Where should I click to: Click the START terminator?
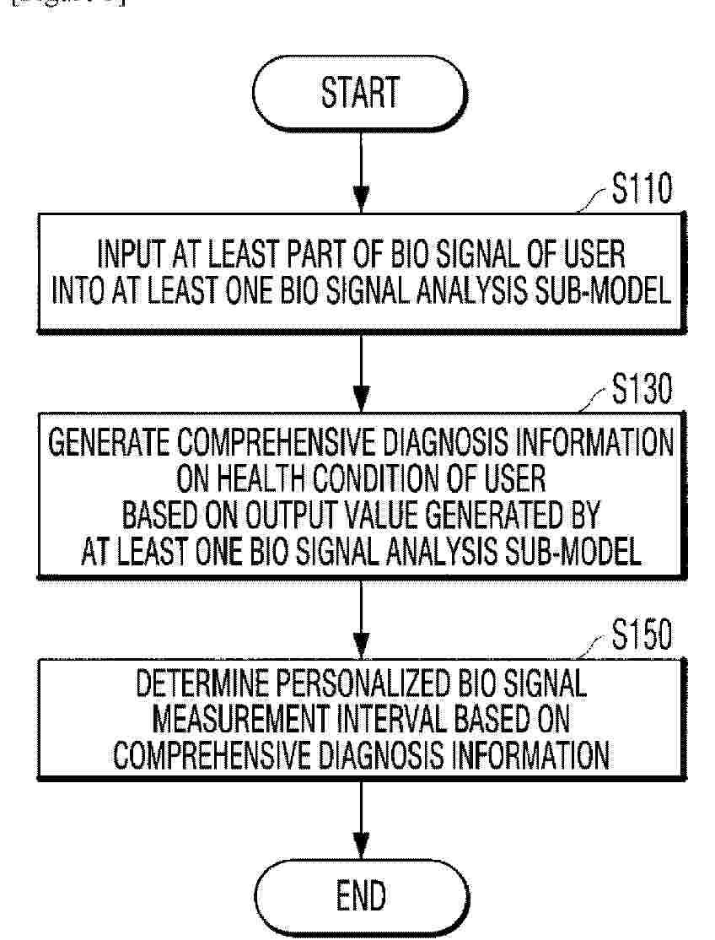(x=360, y=94)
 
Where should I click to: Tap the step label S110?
(x=642, y=188)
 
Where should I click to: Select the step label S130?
(x=642, y=388)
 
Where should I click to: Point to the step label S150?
(x=642, y=635)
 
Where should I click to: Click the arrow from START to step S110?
(x=361, y=172)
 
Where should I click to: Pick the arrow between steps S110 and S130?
(x=361, y=372)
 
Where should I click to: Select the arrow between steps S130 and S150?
(x=361, y=619)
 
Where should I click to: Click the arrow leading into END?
(x=361, y=819)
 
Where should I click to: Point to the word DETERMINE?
(x=202, y=683)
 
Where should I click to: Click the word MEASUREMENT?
(x=241, y=719)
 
